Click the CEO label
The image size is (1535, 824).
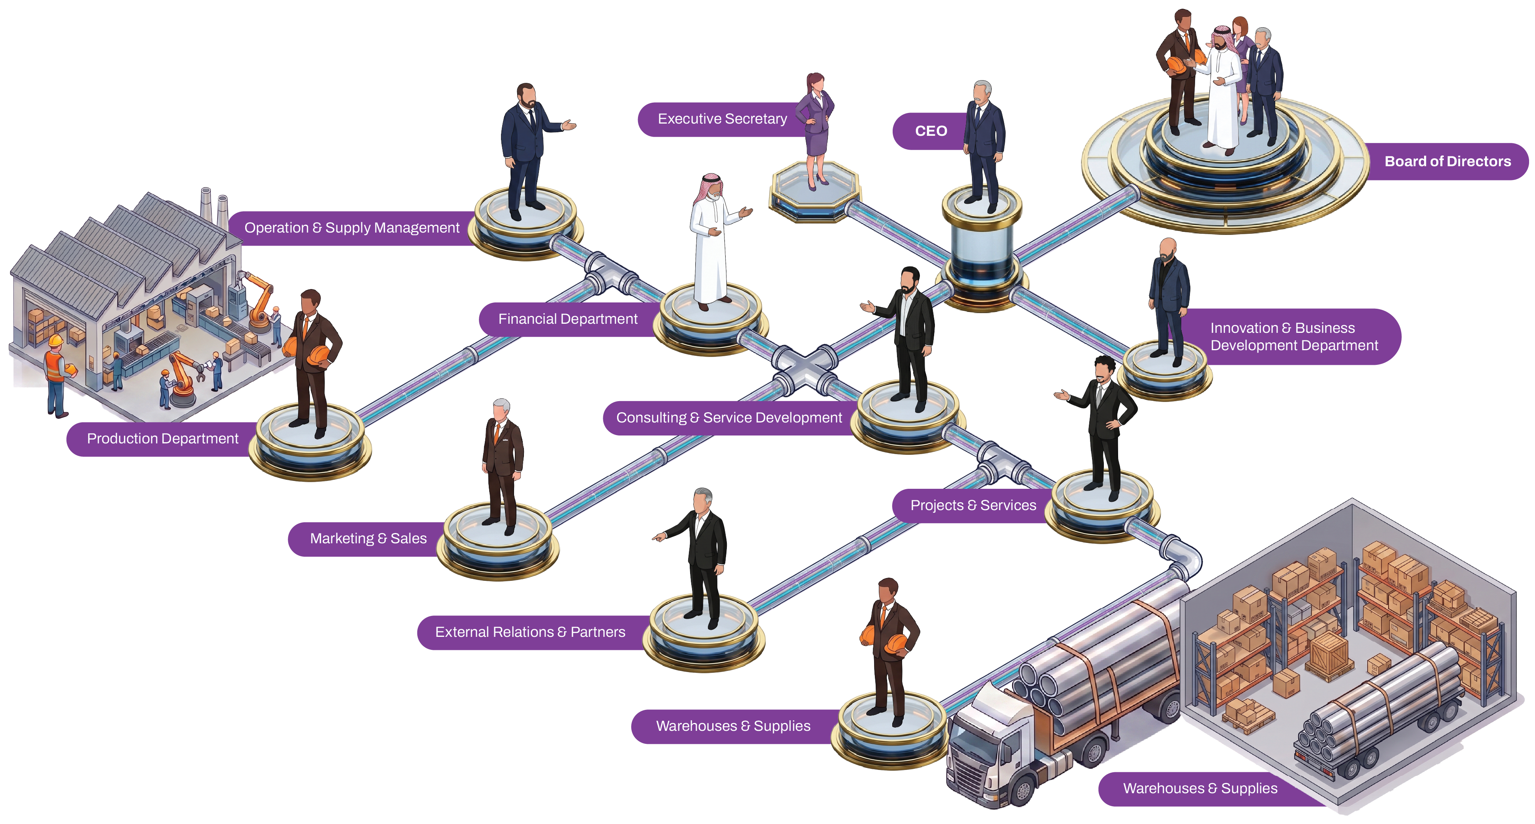[931, 131]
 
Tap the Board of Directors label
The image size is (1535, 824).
[1447, 161]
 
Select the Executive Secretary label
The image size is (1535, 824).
[722, 119]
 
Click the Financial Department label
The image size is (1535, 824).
[568, 319]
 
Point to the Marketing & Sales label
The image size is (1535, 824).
[368, 539]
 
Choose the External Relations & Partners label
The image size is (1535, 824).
[530, 632]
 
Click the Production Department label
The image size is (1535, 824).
[163, 439]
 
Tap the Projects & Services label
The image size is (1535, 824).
[973, 506]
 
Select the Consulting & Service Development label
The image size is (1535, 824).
[729, 418]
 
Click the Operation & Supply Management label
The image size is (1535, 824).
[351, 228]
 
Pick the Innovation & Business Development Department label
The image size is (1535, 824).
[1294, 337]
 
